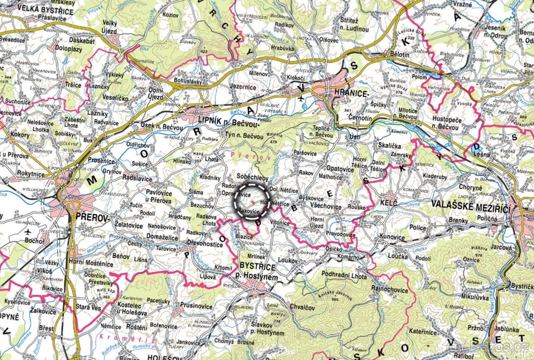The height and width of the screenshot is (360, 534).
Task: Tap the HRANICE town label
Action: coord(354,94)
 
